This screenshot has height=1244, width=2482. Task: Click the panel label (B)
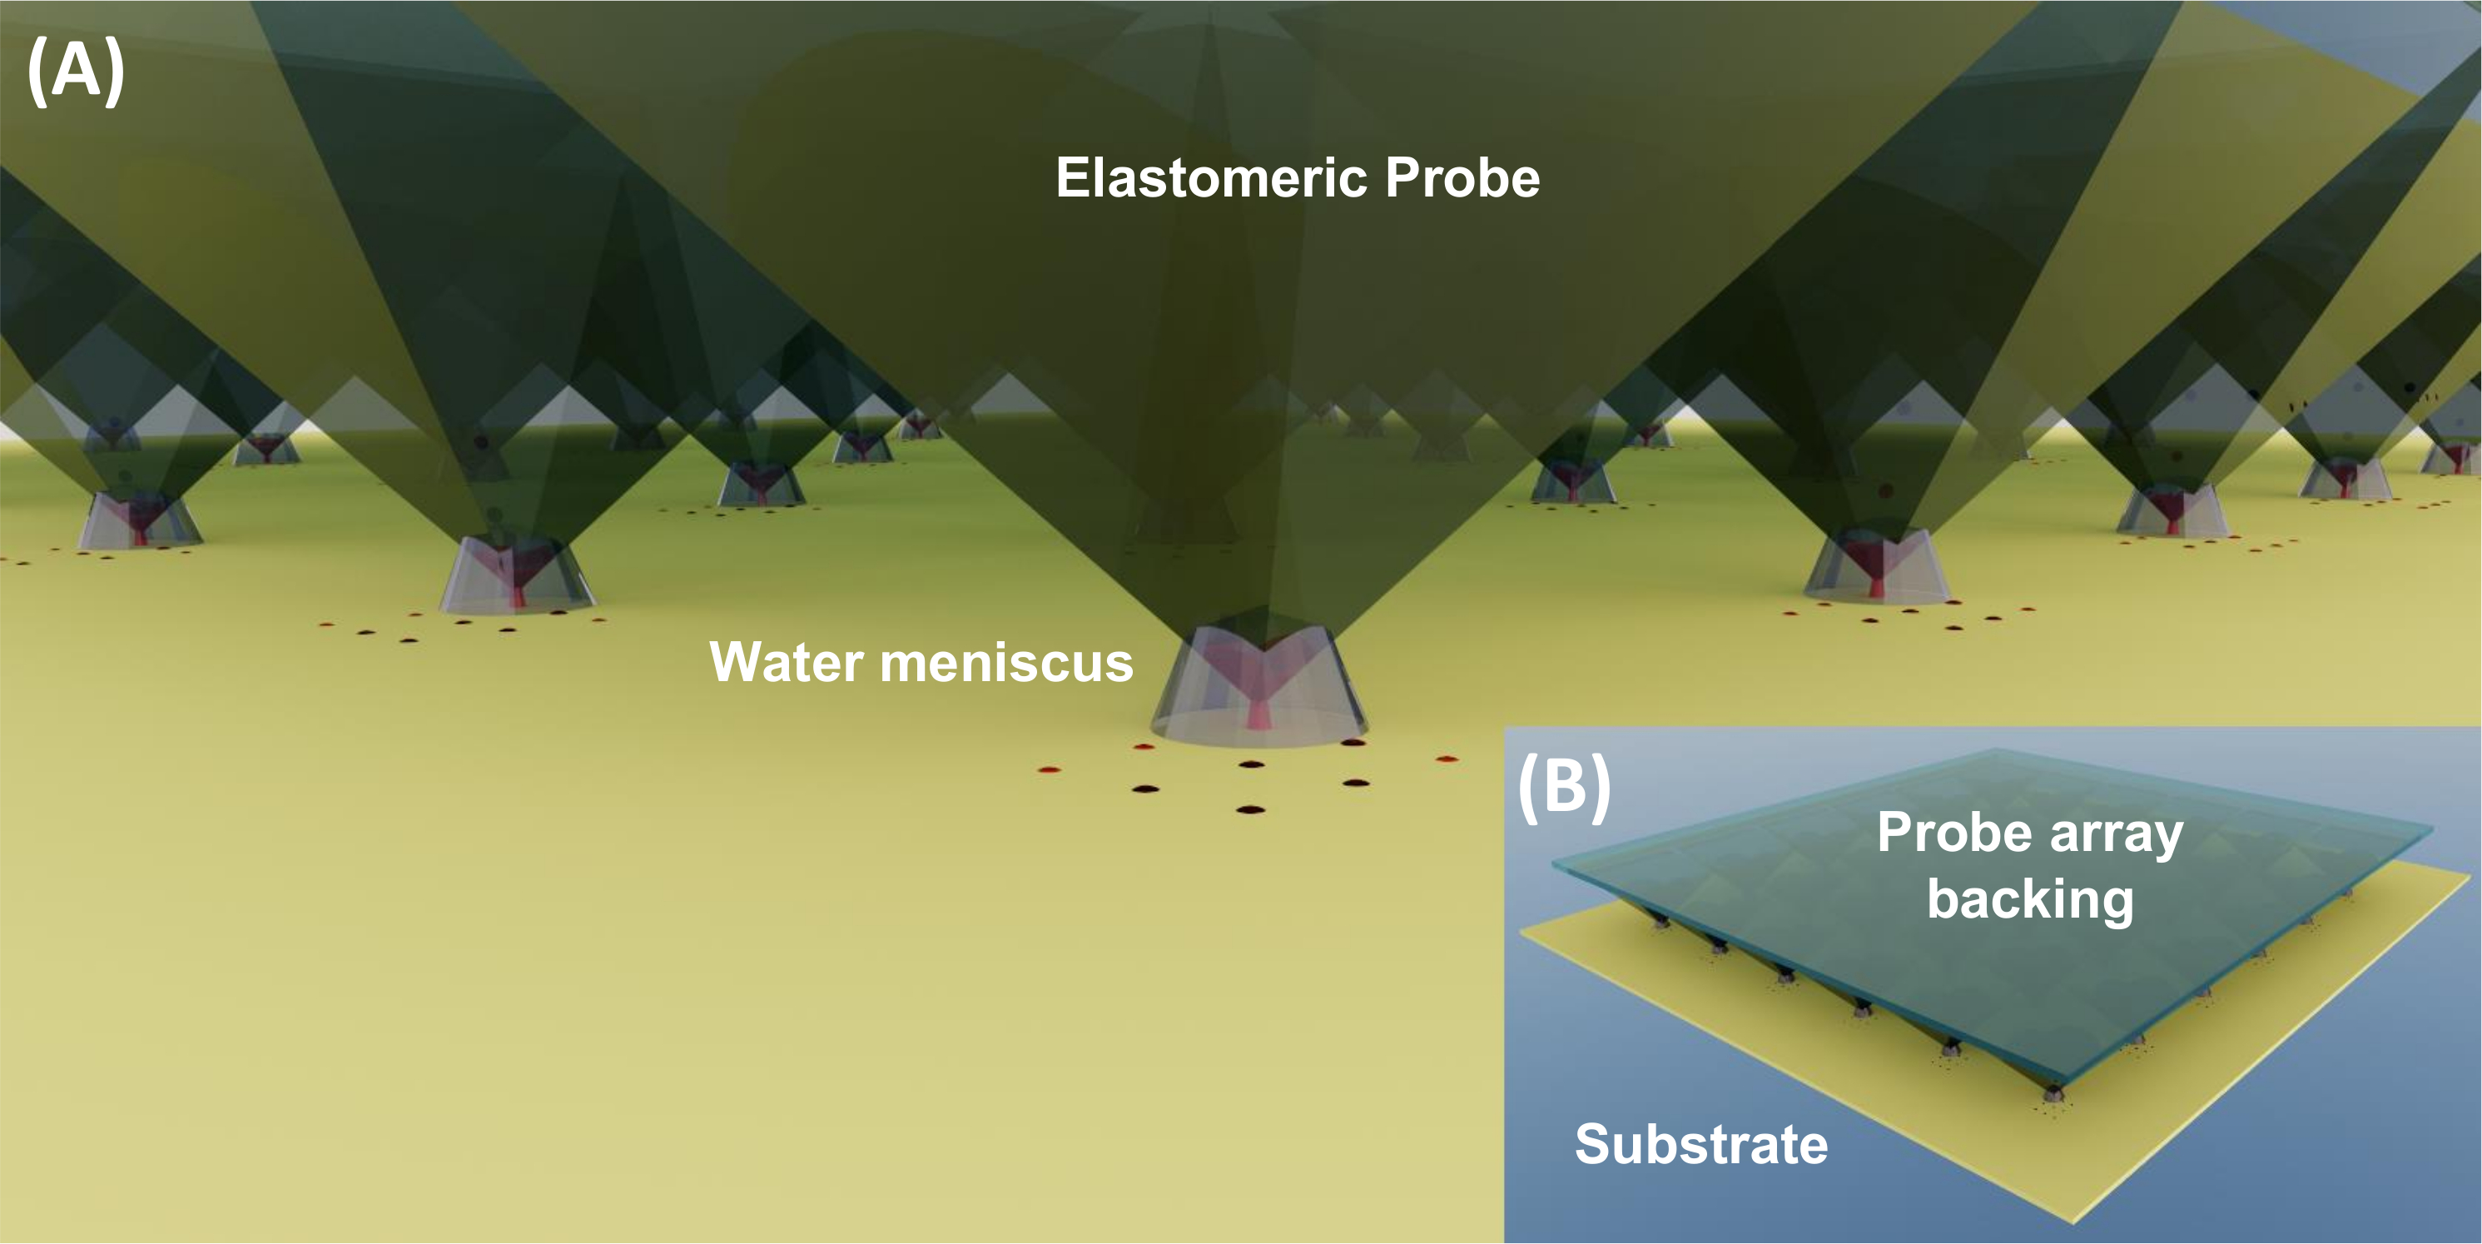pos(1564,786)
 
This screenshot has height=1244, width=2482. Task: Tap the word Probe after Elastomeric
pos(1462,178)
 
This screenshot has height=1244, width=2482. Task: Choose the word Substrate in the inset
pos(1700,1145)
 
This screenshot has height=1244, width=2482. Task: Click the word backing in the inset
pos(2030,900)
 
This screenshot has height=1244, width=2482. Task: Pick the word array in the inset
pos(2116,833)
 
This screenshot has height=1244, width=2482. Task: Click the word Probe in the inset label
pos(1955,833)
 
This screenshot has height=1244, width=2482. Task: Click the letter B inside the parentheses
pos(1564,786)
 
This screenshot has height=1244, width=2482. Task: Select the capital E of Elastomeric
pos(1074,178)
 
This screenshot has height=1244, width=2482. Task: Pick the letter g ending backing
pos(2115,903)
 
